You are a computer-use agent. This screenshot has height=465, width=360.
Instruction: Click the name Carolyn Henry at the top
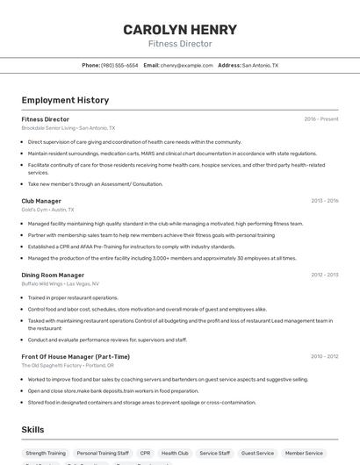click(180, 29)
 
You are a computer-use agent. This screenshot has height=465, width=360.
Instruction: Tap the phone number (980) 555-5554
click(119, 65)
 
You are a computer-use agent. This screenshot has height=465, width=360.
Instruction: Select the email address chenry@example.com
click(186, 65)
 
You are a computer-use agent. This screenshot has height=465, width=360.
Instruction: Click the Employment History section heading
click(65, 100)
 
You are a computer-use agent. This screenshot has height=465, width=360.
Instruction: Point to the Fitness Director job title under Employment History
click(46, 119)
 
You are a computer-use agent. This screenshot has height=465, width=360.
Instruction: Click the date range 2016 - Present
click(320, 119)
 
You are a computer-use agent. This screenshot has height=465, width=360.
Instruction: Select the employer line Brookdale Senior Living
click(68, 128)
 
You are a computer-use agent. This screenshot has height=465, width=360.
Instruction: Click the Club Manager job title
click(41, 201)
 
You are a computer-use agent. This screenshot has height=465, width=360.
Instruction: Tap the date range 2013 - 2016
click(324, 201)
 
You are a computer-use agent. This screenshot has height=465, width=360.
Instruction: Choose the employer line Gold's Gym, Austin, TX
click(47, 210)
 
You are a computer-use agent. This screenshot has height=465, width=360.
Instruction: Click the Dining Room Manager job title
click(53, 275)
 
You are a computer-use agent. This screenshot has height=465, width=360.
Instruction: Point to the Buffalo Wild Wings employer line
click(60, 283)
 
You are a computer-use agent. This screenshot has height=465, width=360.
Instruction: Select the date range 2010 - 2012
click(324, 275)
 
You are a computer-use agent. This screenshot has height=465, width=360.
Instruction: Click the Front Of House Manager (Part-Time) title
click(76, 356)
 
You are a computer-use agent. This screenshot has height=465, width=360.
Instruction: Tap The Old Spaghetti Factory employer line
click(68, 365)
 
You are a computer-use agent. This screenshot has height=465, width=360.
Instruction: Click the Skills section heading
click(33, 430)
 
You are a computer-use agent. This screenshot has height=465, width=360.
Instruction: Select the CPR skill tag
click(145, 453)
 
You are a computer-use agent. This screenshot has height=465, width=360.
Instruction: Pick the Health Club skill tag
click(175, 453)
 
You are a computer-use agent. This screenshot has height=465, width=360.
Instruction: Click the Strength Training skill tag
click(46, 453)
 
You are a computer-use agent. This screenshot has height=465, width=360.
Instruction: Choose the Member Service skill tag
click(305, 453)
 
